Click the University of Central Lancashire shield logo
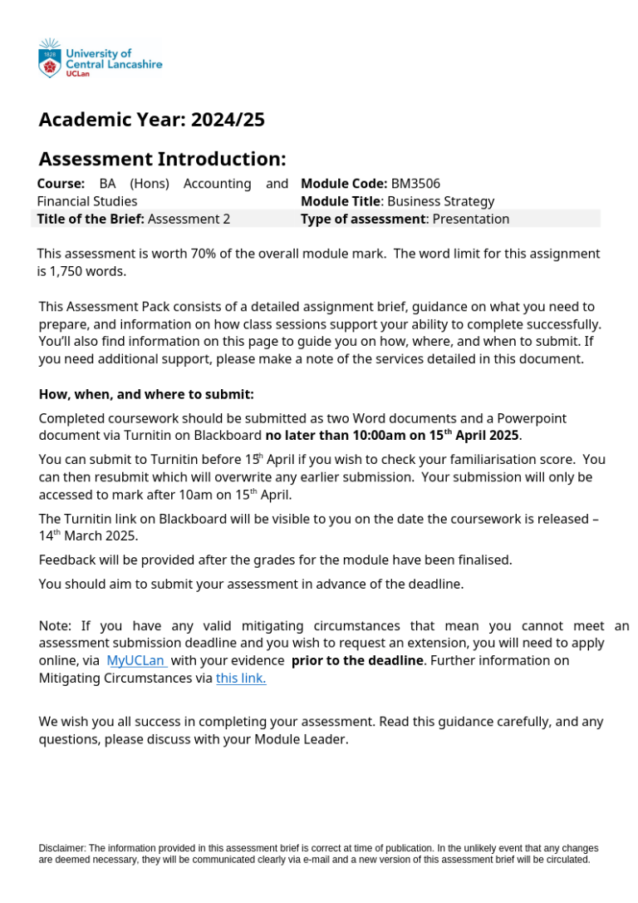[x=50, y=60]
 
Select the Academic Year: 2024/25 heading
[x=151, y=120]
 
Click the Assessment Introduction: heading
[x=162, y=159]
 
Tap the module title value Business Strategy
[x=440, y=201]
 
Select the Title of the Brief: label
[x=91, y=220]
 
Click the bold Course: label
[x=61, y=184]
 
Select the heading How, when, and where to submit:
[x=146, y=394]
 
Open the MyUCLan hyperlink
[x=136, y=661]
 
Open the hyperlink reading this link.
[x=241, y=678]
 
